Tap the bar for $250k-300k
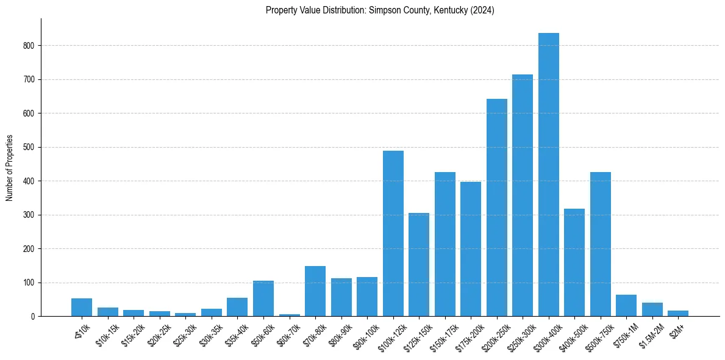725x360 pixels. tap(523, 195)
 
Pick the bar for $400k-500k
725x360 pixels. tap(574, 262)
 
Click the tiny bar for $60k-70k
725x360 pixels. tap(290, 315)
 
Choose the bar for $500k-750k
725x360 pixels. tap(601, 244)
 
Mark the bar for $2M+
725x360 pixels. tap(678, 314)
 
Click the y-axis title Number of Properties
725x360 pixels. tap(10, 168)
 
